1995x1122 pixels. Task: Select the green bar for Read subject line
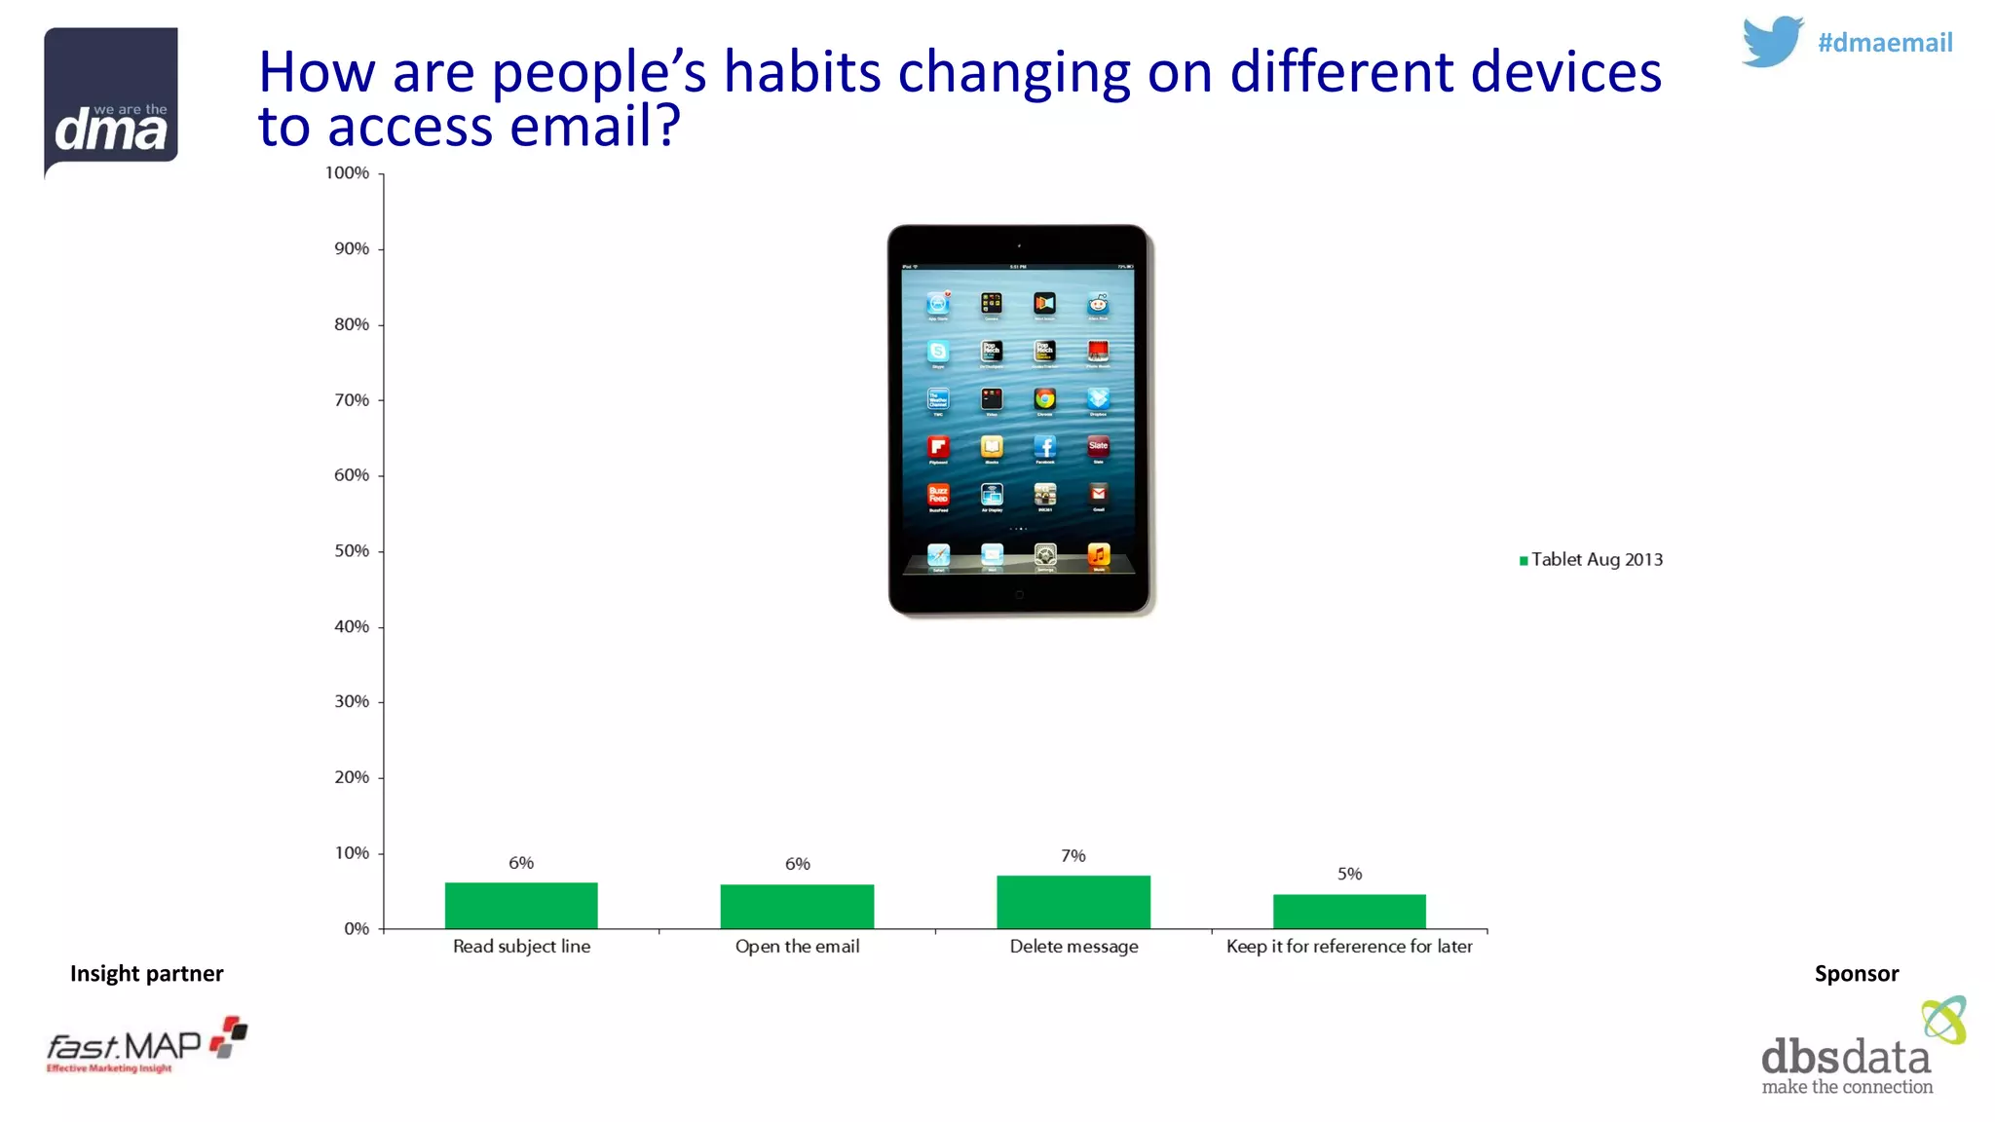(521, 905)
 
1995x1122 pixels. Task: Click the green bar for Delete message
(1073, 902)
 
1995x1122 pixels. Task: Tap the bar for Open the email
(797, 906)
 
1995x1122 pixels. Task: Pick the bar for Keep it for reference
(1349, 911)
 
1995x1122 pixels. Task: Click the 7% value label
(1073, 855)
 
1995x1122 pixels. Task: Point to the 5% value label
(1349, 874)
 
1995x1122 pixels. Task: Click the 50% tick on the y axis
(352, 550)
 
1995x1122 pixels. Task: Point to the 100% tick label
(347, 172)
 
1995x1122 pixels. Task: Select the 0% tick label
(356, 928)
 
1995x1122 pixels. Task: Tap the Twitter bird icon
(1772, 42)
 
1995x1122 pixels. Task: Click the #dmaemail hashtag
(1884, 43)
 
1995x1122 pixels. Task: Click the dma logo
(111, 101)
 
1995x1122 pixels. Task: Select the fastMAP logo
(146, 1046)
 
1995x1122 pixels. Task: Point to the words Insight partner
(146, 973)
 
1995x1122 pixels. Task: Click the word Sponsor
(1856, 973)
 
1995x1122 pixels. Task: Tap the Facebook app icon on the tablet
(1044, 446)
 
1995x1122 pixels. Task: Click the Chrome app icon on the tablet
(1044, 398)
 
